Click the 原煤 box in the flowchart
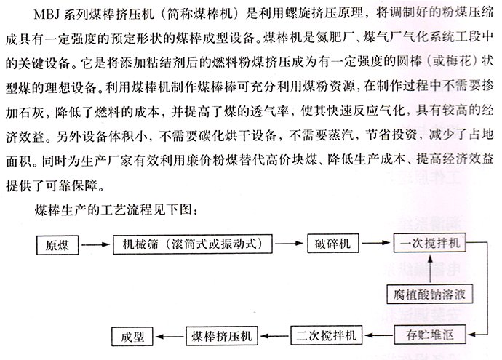point(57,245)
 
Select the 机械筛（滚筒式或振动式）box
point(192,244)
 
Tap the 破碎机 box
point(333,244)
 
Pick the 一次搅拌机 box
point(429,243)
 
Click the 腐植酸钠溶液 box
point(429,294)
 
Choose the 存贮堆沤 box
point(430,335)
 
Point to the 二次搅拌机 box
point(326,335)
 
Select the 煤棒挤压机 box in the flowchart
point(222,336)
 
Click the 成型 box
point(132,336)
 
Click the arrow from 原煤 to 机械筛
point(96,245)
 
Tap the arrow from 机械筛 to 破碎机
point(289,244)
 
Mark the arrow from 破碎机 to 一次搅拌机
point(376,243)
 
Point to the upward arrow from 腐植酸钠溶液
point(430,269)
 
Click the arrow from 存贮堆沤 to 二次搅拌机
point(379,335)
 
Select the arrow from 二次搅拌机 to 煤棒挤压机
point(275,336)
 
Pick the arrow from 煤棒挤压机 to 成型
point(170,336)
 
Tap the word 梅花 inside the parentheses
point(459,61)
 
